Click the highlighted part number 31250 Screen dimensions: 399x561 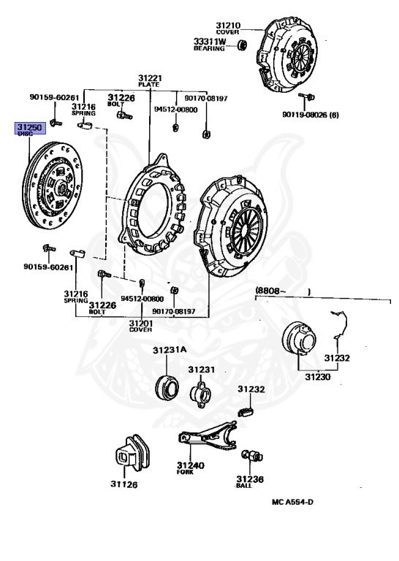tap(30, 127)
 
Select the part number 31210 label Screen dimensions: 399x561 tap(228, 26)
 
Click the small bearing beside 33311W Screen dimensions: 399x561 tap(243, 45)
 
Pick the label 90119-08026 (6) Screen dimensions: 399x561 tap(311, 115)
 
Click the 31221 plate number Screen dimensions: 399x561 tap(151, 78)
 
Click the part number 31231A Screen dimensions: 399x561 tap(170, 350)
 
